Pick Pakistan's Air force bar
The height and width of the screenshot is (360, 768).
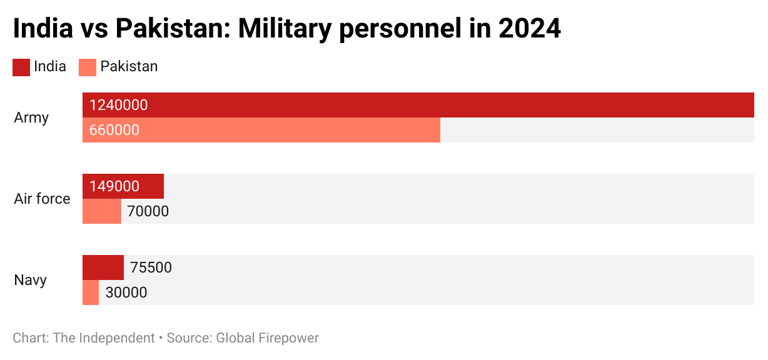[102, 211]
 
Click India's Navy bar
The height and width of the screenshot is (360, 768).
[103, 267]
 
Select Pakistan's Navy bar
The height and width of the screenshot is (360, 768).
[91, 292]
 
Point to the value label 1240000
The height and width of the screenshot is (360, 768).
[119, 105]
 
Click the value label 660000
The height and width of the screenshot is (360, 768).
[114, 130]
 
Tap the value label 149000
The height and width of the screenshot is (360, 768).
[114, 186]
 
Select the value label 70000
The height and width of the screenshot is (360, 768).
[148, 211]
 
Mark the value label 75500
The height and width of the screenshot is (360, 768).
[151, 267]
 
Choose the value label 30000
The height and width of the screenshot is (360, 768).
[126, 292]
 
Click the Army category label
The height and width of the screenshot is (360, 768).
[31, 117]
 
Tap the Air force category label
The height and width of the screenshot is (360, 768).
[42, 199]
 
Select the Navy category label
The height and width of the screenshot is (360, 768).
[31, 280]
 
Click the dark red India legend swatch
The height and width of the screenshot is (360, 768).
[21, 67]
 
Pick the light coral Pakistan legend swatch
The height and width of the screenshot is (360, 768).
[88, 67]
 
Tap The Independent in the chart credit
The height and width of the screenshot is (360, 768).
[104, 338]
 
